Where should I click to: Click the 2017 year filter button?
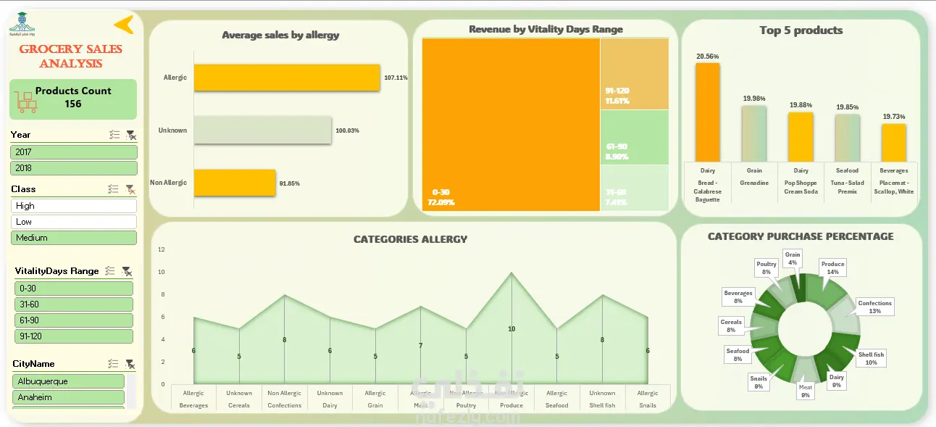(74, 152)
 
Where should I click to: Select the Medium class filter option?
(74, 238)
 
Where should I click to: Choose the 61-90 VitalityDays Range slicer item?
(74, 320)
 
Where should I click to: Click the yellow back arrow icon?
(124, 25)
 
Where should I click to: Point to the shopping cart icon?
(26, 101)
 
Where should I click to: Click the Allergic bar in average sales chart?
(287, 78)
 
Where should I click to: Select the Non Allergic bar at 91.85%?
(235, 183)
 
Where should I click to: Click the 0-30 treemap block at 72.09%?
(511, 125)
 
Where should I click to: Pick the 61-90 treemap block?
(634, 137)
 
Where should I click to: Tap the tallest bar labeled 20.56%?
(708, 112)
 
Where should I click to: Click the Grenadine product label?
(754, 183)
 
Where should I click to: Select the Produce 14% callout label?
(832, 268)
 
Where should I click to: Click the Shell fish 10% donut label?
(871, 358)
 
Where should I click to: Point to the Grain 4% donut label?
(793, 258)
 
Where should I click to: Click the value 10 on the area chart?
(511, 329)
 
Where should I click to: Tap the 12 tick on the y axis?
(162, 249)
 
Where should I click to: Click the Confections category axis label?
(285, 405)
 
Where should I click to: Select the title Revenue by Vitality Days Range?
(546, 30)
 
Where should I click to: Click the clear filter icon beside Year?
(130, 135)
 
